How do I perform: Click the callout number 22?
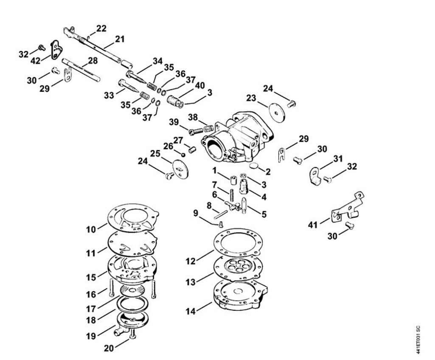[101, 29]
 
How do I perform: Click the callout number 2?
[268, 172]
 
